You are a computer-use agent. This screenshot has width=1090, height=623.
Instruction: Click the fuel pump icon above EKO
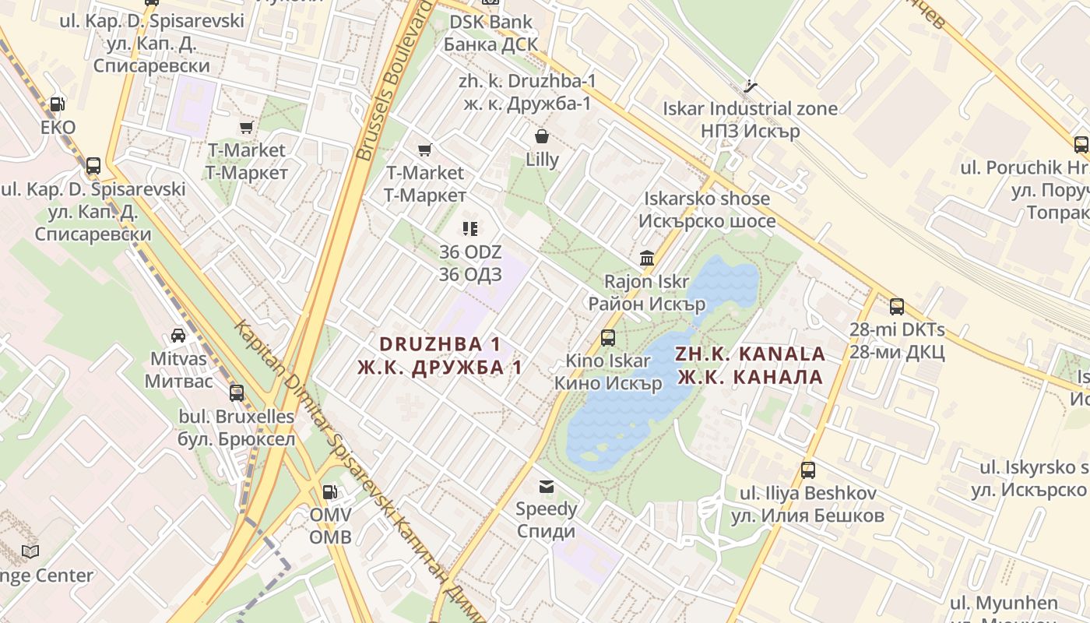(x=57, y=104)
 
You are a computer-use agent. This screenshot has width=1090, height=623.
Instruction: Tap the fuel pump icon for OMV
(x=330, y=491)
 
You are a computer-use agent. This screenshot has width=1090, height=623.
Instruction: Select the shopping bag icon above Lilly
(x=542, y=137)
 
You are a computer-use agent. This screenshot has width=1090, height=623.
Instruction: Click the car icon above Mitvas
(x=178, y=336)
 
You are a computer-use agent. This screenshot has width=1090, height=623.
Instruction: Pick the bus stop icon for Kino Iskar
(x=608, y=338)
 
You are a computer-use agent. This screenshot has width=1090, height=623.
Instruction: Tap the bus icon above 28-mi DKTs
(x=897, y=307)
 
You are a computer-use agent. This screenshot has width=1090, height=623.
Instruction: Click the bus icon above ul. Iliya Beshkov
(x=808, y=470)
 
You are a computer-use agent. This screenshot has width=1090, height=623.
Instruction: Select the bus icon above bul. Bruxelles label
(x=237, y=393)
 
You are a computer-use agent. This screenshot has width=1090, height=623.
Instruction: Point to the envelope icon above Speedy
(x=547, y=487)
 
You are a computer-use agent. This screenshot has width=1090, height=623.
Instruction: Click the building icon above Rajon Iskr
(x=647, y=258)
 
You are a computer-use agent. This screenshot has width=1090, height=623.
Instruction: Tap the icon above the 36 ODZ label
(x=470, y=229)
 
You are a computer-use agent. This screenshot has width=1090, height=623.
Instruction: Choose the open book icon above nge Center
(x=30, y=552)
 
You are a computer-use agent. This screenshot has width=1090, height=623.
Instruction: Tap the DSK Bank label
(x=490, y=22)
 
